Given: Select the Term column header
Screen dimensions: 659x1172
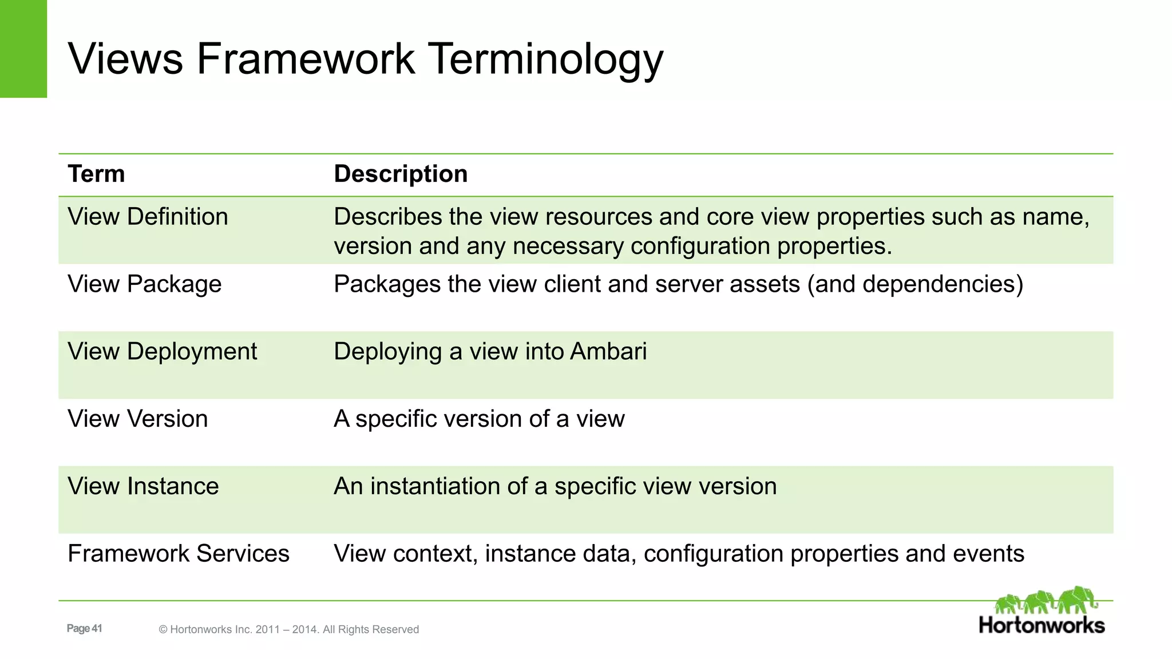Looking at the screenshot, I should [96, 174].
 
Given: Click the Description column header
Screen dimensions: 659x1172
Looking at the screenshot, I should [401, 174].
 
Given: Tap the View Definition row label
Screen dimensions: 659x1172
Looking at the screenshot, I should [148, 217].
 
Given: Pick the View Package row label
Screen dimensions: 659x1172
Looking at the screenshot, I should [144, 284].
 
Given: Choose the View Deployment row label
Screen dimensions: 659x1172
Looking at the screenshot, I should [163, 351].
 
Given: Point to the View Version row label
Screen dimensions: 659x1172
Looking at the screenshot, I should [137, 419].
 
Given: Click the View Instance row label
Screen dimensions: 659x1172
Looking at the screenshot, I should [143, 486].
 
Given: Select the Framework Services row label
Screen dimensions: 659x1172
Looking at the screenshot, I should [179, 554].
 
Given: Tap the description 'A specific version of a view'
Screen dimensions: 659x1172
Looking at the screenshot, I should [479, 419].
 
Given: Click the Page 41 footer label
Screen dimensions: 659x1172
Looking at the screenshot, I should [84, 629].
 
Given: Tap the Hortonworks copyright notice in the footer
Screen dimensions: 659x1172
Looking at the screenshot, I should [288, 629].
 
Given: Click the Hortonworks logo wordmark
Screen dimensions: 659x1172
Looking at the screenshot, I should [1042, 625].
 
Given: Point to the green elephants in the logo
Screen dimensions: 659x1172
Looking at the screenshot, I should [1046, 601].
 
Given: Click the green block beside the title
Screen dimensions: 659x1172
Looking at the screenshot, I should [23, 49].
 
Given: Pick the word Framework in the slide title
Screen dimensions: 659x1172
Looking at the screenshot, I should [305, 59].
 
